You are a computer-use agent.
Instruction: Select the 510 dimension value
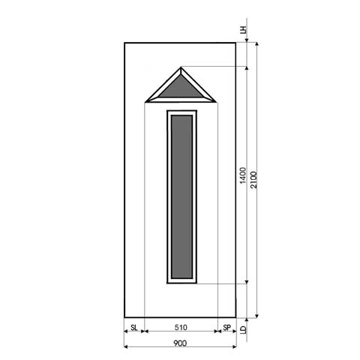tap(179, 328)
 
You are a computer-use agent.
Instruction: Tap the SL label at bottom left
tap(133, 328)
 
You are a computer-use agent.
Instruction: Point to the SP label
tap(226, 328)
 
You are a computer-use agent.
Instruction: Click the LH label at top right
tap(242, 31)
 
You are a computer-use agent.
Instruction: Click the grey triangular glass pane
tap(180, 88)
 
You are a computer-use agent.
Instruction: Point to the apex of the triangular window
tap(180, 68)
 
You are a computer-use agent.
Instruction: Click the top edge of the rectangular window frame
tap(180, 111)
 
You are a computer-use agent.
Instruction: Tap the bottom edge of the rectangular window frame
tap(180, 283)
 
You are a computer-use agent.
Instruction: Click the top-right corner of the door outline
tap(236, 42)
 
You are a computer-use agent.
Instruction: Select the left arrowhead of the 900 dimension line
tap(125, 348)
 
